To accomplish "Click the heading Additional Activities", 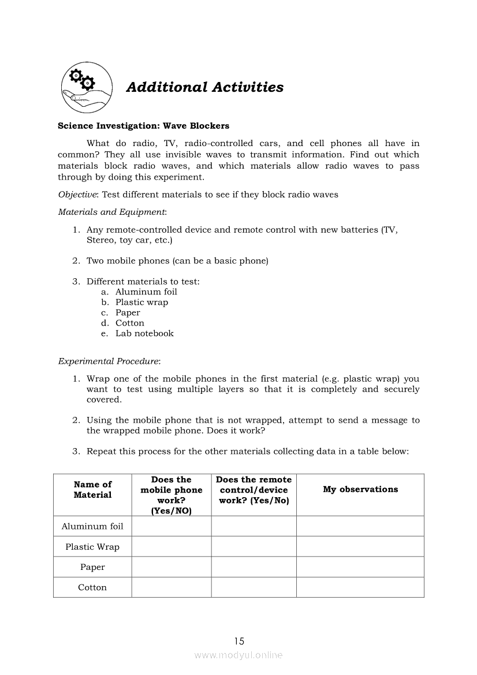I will (x=204, y=87).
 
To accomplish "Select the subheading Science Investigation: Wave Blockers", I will (x=143, y=126).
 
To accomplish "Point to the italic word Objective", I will (x=79, y=195).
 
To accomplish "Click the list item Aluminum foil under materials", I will (x=146, y=292).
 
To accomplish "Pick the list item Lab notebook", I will (x=144, y=334).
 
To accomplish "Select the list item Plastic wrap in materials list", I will (x=141, y=303).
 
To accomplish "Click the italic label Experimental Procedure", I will (x=109, y=361).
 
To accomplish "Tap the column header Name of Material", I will (x=92, y=490).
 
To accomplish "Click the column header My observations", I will (x=360, y=490).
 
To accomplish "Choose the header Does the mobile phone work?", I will (x=171, y=495).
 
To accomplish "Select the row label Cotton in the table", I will (x=92, y=588).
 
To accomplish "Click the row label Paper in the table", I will (x=92, y=568).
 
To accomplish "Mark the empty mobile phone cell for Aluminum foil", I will (x=171, y=527).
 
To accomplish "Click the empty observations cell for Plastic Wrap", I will (x=360, y=547).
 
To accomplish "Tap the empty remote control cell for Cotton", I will (x=254, y=588).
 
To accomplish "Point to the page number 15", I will (x=239, y=641).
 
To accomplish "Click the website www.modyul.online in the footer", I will (x=238, y=655).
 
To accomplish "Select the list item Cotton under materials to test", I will (x=130, y=323).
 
